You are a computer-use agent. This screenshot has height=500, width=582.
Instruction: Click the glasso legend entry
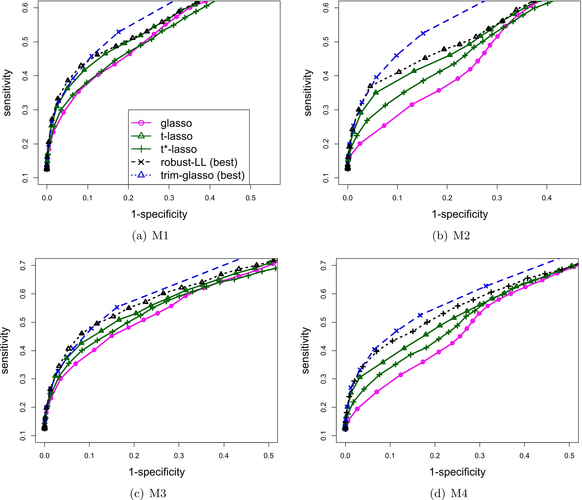[x=176, y=123]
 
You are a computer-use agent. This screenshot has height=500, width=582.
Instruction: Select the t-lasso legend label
[x=176, y=136]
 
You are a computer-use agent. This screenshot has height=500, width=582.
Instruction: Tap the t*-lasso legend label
[x=178, y=149]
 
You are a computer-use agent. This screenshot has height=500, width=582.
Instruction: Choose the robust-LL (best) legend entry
[x=199, y=162]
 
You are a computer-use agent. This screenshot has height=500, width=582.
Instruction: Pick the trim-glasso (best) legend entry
[x=202, y=175]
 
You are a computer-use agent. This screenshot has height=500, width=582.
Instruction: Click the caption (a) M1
[x=150, y=236]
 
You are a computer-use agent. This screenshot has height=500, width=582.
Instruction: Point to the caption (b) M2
[x=451, y=236]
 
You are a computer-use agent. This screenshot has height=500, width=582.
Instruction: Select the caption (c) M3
[x=148, y=493]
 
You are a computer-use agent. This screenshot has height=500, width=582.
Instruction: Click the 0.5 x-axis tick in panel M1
[x=250, y=198]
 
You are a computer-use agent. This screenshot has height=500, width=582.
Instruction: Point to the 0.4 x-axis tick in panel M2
[x=547, y=198]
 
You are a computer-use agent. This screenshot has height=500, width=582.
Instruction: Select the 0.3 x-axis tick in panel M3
[x=179, y=455]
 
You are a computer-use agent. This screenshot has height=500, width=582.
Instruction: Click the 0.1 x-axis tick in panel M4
[x=390, y=455]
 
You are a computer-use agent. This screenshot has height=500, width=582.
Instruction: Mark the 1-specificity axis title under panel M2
[x=460, y=214]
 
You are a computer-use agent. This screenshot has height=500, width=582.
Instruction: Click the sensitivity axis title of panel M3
[x=5, y=351]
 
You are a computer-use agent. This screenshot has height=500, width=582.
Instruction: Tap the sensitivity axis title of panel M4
[x=306, y=351]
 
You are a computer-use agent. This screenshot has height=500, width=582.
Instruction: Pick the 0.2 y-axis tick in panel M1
[x=25, y=144]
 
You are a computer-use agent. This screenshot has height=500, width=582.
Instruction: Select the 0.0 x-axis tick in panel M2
[x=348, y=198]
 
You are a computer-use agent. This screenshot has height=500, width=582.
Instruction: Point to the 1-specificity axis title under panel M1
[x=159, y=214]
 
